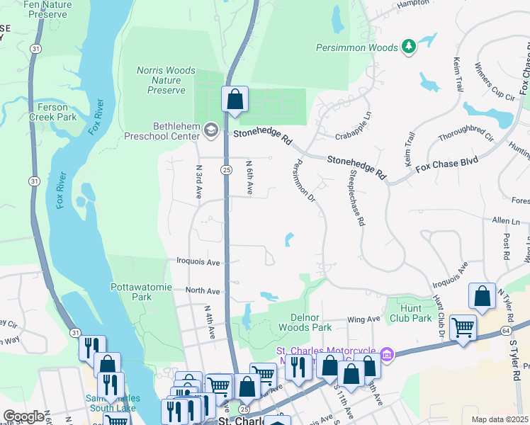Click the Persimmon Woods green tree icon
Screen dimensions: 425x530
(x=408, y=47)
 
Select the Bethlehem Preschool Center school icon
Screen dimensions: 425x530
(x=210, y=130)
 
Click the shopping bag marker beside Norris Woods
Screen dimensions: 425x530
(x=235, y=99)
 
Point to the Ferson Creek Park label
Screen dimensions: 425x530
(x=57, y=113)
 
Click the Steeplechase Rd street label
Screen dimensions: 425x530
(x=355, y=198)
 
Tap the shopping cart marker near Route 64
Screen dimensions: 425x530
(x=463, y=327)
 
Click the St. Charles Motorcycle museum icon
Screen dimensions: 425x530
(x=387, y=353)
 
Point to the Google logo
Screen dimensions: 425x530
(x=23, y=416)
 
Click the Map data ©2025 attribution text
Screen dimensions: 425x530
(x=500, y=419)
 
